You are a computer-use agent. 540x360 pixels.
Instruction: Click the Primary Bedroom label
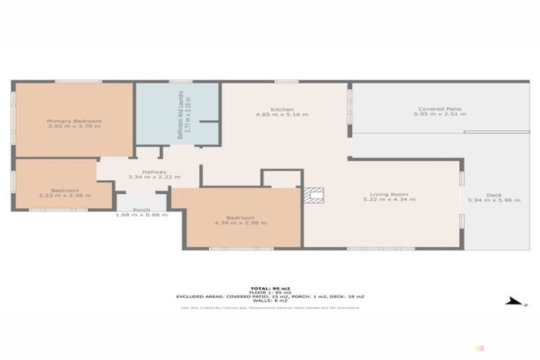75,121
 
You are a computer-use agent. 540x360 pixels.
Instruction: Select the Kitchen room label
282,110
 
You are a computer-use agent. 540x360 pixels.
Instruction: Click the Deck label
494,195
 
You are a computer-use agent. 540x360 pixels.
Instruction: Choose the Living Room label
389,195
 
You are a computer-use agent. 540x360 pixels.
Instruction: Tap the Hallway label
154,172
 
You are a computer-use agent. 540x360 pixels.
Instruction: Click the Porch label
142,209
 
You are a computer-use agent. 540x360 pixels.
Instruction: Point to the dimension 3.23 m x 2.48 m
65,195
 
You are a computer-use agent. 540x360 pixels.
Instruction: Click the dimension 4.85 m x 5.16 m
282,115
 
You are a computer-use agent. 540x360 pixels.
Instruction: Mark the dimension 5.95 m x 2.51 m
442,114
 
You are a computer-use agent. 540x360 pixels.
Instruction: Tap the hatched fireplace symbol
314,195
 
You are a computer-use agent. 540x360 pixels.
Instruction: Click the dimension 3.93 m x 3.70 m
75,126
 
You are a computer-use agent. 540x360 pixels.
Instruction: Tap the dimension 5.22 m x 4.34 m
389,200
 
